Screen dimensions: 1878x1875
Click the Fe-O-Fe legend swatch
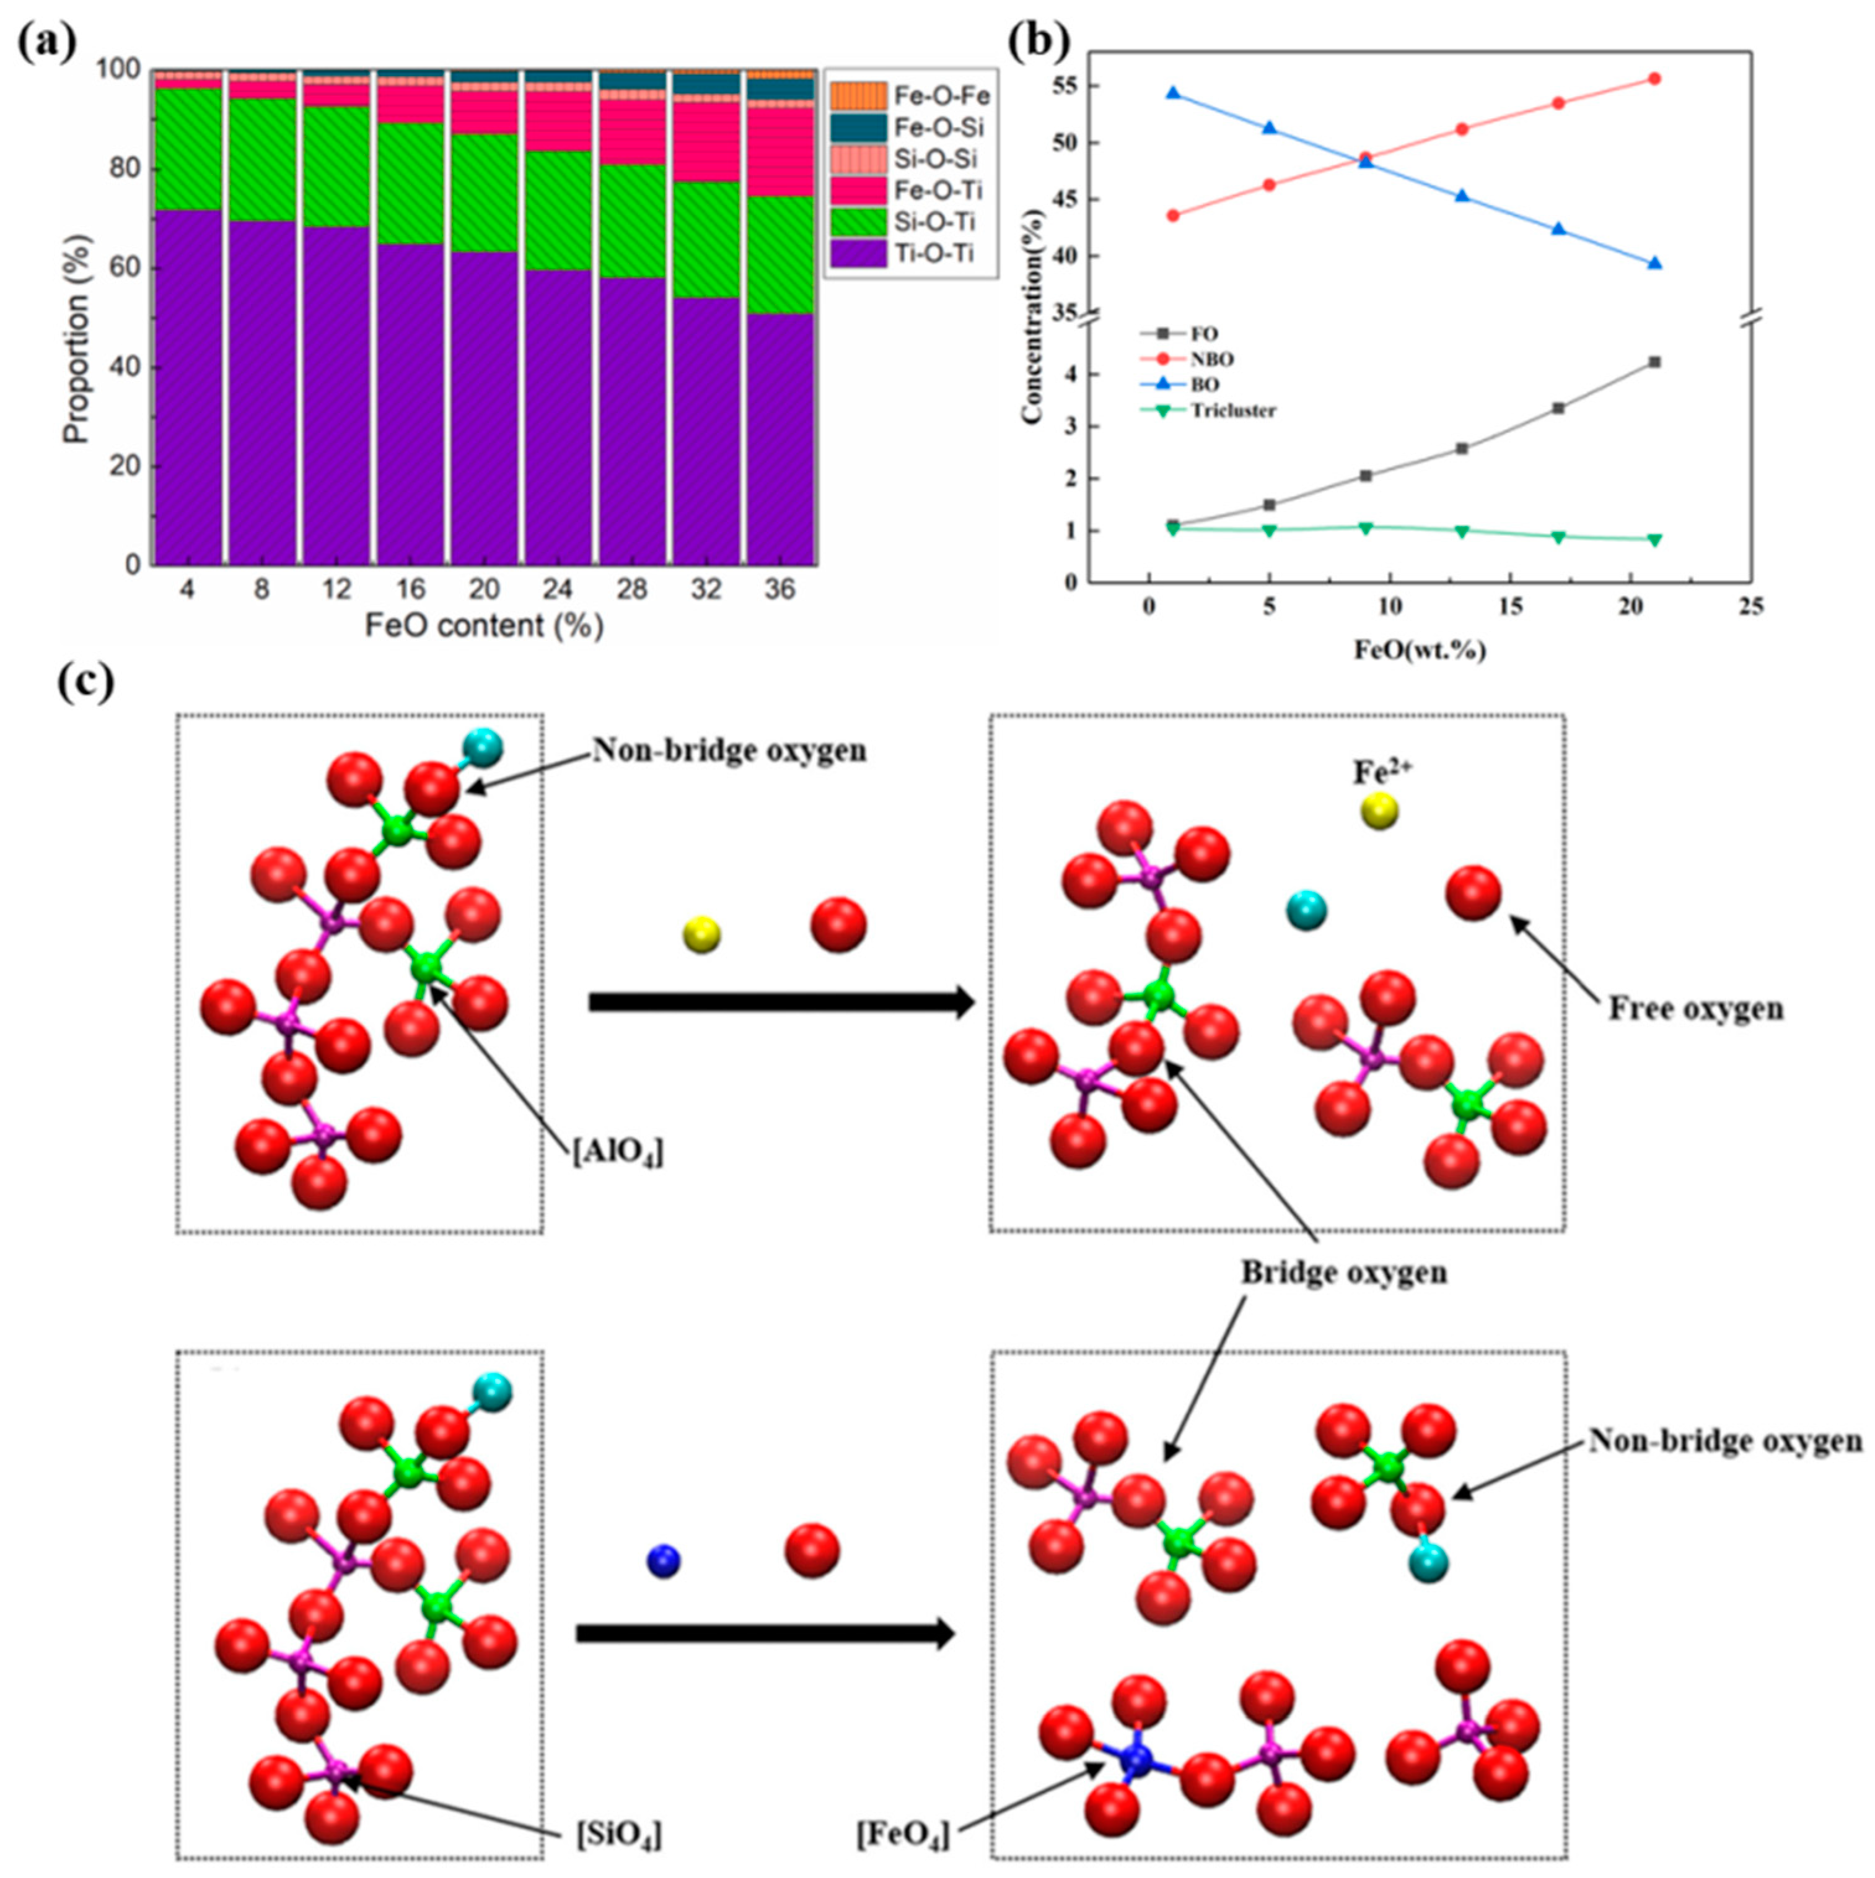(x=858, y=95)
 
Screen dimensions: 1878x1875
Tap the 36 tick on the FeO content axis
(x=780, y=590)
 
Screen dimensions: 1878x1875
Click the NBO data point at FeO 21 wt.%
(x=1654, y=79)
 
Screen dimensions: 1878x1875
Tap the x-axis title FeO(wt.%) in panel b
(x=1420, y=650)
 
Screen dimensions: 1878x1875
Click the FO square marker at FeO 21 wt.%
(x=1654, y=362)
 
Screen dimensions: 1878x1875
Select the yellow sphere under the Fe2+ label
(x=1379, y=811)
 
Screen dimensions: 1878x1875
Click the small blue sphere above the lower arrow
(x=663, y=1561)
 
